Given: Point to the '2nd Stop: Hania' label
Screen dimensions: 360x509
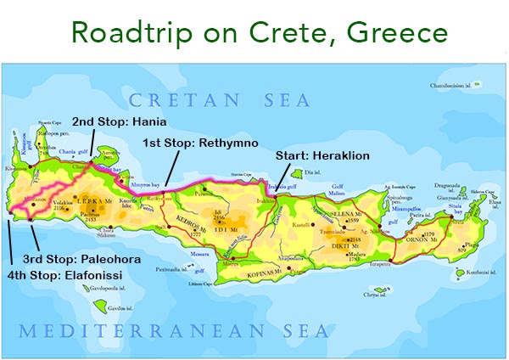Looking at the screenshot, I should coord(119,121).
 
